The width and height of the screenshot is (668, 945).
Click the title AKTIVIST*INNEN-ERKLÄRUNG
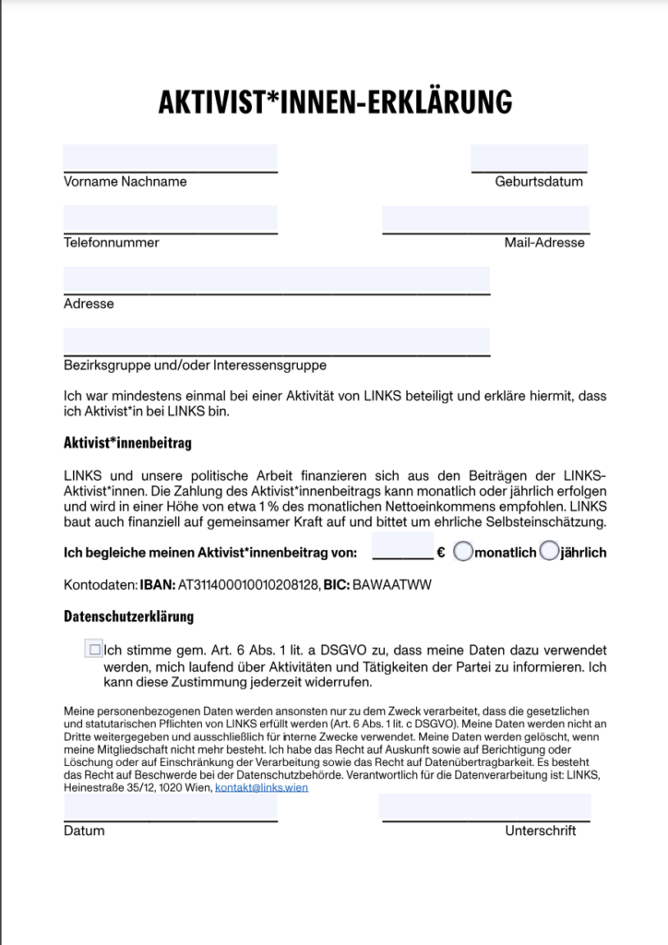point(334,102)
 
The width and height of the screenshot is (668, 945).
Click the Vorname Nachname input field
point(170,158)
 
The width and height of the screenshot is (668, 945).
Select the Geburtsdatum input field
point(529,158)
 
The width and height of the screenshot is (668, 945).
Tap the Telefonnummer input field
point(170,219)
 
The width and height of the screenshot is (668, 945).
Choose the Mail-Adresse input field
point(485,219)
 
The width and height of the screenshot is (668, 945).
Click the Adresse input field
point(277,280)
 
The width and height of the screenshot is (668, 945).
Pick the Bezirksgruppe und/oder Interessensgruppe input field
point(277,341)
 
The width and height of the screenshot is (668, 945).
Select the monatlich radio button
point(464,552)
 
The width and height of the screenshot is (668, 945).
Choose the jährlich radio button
point(548,552)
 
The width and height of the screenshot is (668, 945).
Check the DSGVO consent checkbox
point(93,650)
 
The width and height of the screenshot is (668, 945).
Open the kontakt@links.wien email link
point(261,788)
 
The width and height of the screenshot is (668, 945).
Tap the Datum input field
point(170,807)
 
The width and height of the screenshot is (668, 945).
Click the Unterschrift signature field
point(484,807)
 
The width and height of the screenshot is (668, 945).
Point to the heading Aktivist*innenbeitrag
point(127,444)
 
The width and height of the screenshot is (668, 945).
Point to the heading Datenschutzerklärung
point(128,616)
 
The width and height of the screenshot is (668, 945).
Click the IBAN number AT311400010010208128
point(248,585)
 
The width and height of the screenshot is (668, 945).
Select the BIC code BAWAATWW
point(392,585)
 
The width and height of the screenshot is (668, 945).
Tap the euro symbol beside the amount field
point(441,553)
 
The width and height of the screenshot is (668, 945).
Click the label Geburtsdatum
point(539,182)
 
